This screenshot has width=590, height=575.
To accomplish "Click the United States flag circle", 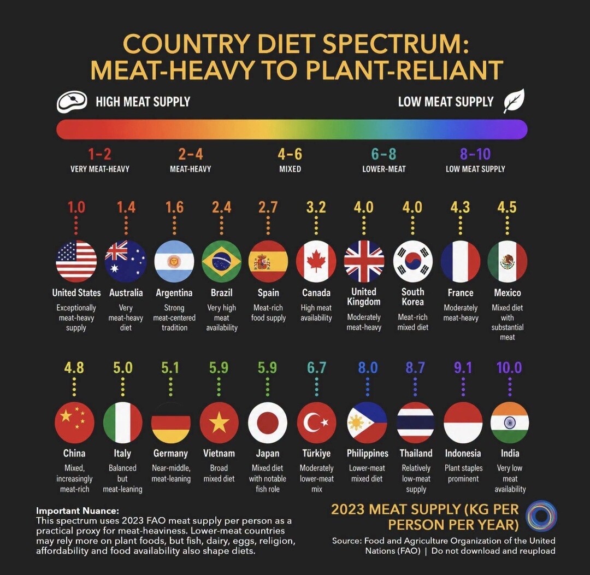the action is pyautogui.click(x=76, y=261).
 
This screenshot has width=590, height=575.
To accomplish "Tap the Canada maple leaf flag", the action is pyautogui.click(x=316, y=261).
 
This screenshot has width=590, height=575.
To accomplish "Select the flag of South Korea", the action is pyautogui.click(x=413, y=261).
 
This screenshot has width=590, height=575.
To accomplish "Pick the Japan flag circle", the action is pyautogui.click(x=268, y=423).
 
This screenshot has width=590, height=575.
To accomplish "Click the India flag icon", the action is pyautogui.click(x=510, y=423).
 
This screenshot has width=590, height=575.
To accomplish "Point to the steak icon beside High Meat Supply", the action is pyautogui.click(x=72, y=102).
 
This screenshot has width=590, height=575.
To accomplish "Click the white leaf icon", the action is pyautogui.click(x=514, y=101).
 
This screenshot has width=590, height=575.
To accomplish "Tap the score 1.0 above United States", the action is pyautogui.click(x=76, y=207).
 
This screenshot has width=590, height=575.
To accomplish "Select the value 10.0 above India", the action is pyautogui.click(x=509, y=367).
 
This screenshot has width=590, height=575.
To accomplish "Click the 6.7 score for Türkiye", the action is pyautogui.click(x=316, y=367).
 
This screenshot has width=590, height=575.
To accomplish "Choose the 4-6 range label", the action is pyautogui.click(x=290, y=154).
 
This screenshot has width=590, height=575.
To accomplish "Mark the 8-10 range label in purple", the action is pyautogui.click(x=475, y=154).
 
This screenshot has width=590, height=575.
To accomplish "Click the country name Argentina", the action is pyautogui.click(x=174, y=292).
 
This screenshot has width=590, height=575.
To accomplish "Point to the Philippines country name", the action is pyautogui.click(x=367, y=453).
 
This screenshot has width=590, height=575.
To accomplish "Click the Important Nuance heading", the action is pyautogui.click(x=78, y=511).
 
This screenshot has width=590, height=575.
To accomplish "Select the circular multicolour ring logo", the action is pyautogui.click(x=541, y=515).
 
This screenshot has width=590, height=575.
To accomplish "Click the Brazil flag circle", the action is pyautogui.click(x=222, y=261).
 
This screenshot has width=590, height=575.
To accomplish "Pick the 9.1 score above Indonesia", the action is pyautogui.click(x=463, y=367).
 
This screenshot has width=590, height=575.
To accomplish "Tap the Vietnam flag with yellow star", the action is pyautogui.click(x=219, y=423).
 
